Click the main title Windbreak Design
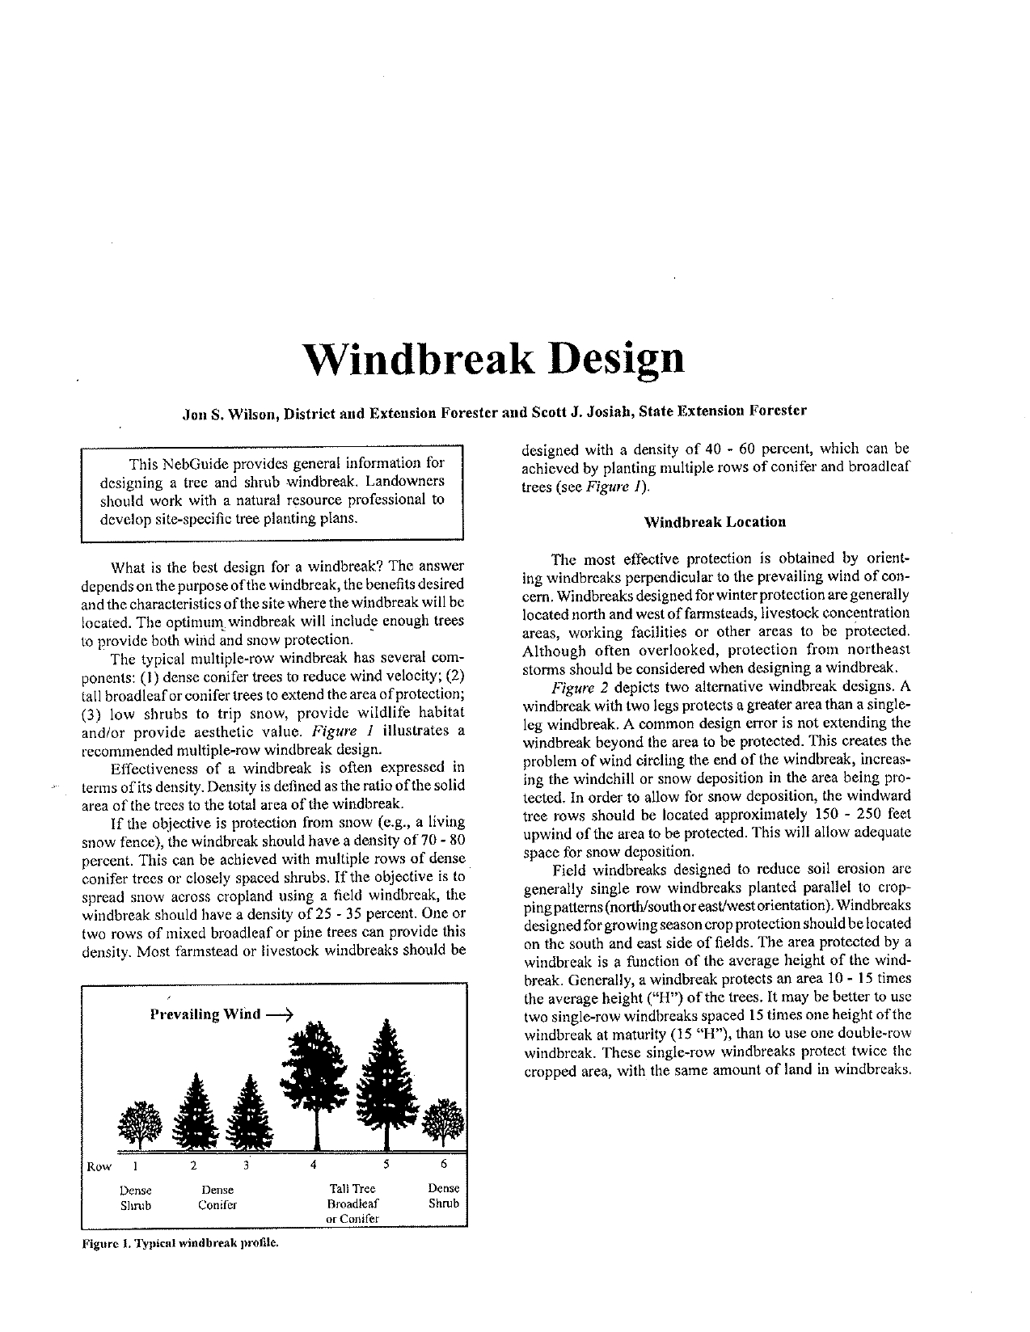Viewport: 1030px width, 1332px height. coord(493,358)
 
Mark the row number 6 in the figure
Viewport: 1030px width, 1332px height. coord(443,1165)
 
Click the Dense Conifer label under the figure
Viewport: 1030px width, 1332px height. coord(217,1198)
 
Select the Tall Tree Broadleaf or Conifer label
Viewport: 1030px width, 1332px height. coord(353,1203)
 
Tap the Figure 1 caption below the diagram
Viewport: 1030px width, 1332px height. coord(179,1242)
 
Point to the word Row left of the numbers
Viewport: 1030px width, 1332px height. coord(99,1167)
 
